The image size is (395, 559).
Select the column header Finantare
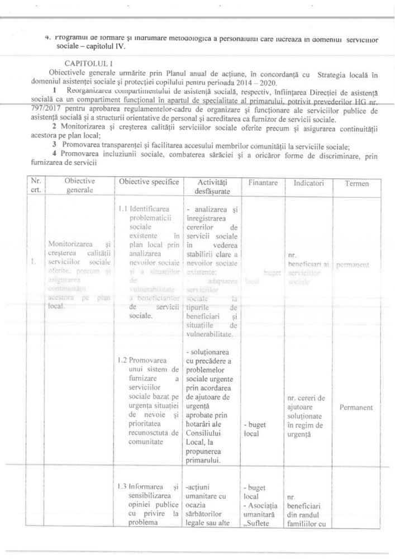261,182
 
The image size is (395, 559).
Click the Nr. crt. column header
36,186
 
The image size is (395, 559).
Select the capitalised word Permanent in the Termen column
355,408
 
